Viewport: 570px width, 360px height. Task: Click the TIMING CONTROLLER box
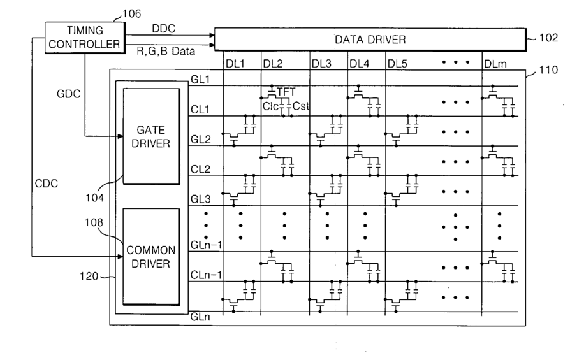click(84, 36)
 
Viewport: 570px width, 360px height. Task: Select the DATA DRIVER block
click(370, 40)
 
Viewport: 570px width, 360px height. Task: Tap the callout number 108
click(96, 222)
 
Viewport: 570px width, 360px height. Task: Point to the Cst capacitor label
click(302, 106)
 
